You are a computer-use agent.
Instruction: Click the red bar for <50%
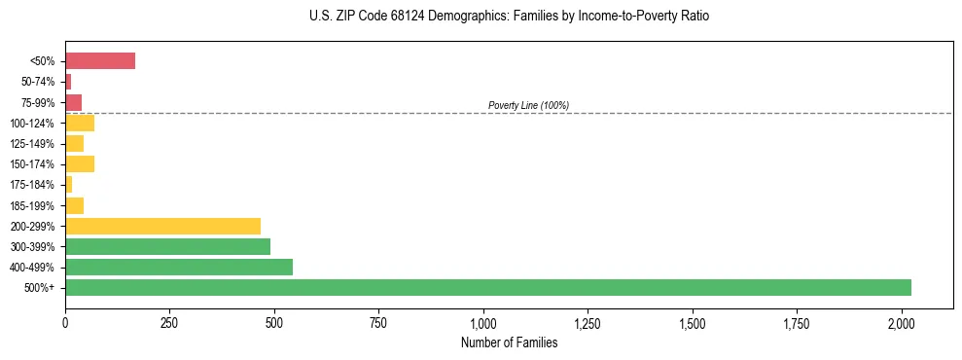coord(100,61)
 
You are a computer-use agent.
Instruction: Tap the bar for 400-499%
coord(179,267)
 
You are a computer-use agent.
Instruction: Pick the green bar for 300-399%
coord(167,246)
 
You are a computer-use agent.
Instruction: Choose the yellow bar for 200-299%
coord(162,226)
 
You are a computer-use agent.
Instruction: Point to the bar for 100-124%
coord(80,123)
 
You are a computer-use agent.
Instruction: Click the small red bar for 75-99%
coord(73,102)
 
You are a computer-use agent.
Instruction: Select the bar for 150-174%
coord(80,163)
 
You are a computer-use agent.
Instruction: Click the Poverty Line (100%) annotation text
coord(528,105)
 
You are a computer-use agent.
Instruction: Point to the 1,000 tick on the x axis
coord(483,321)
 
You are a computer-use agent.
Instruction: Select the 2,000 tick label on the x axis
coord(902,321)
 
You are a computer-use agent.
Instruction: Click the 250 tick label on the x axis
coord(169,321)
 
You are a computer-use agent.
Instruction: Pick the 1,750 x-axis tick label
coord(797,321)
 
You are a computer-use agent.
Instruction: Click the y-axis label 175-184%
coord(34,185)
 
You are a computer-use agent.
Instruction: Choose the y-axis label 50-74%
coord(38,82)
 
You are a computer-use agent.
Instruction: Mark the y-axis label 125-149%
coord(34,144)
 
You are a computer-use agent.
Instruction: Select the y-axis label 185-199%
coord(34,205)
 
